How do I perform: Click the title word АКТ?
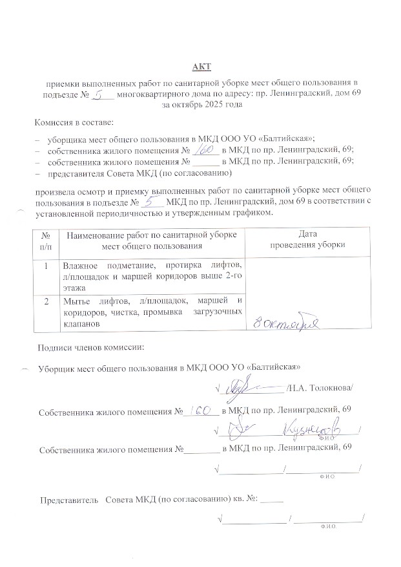[x=201, y=67]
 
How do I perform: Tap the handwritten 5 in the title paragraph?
[x=99, y=95]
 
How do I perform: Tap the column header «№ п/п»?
[x=46, y=240]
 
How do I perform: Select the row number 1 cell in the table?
[x=46, y=266]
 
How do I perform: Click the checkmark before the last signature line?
[x=221, y=518]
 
